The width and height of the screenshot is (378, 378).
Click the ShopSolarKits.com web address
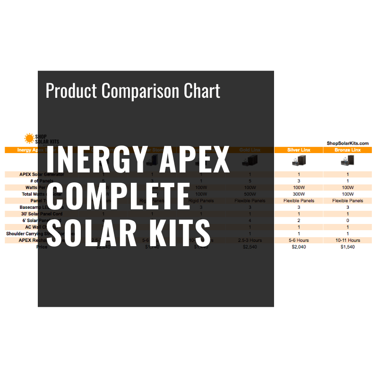point(347,143)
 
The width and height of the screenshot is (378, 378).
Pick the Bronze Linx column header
point(347,150)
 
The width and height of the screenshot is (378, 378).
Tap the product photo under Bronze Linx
point(347,162)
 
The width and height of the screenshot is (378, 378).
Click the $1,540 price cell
point(347,247)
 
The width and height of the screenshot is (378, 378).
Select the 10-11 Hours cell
point(347,240)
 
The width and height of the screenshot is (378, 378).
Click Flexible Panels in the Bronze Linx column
point(347,200)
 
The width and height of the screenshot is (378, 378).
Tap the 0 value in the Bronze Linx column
point(347,220)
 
